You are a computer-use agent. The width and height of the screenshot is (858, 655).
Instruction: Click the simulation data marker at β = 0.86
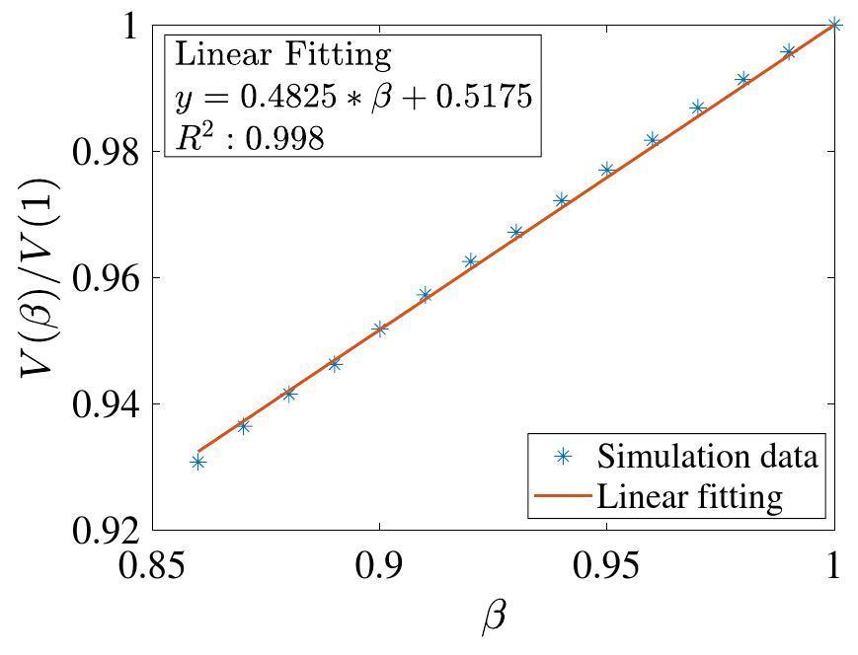[198, 462]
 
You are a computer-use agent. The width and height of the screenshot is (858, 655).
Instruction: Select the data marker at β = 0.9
[380, 328]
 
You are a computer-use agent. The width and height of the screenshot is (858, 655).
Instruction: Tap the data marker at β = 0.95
[607, 170]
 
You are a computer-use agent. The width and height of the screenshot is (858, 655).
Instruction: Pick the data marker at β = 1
[834, 25]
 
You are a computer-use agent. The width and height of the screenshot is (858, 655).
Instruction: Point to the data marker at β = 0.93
[515, 233]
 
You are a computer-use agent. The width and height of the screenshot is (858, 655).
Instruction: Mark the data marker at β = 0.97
[698, 108]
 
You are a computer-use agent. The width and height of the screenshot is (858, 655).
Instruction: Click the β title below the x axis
[494, 619]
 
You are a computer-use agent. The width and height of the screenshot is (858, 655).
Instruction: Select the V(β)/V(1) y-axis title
[39, 278]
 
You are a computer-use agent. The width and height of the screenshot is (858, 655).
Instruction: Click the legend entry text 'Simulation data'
[707, 457]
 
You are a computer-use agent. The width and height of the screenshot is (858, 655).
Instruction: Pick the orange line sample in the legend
[562, 495]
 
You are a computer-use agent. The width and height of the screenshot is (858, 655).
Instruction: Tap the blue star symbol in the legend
[563, 457]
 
